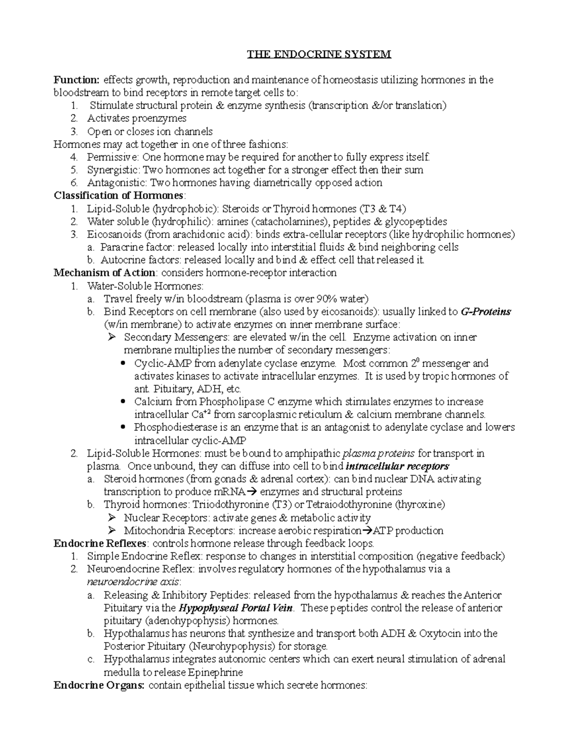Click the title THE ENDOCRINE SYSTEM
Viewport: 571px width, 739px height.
[x=318, y=54]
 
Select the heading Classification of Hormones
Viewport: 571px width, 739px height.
[x=118, y=196]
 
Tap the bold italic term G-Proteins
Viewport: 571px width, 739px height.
[x=486, y=312]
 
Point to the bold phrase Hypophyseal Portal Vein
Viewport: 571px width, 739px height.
[x=236, y=608]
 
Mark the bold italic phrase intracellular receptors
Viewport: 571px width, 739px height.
[x=397, y=466]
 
